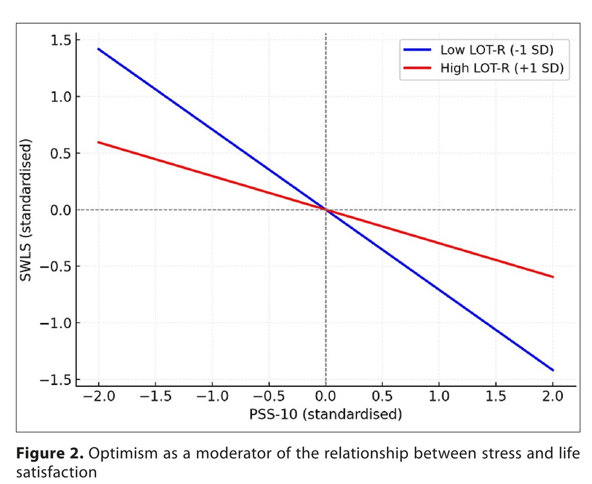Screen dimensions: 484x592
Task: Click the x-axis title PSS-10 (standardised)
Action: (x=325, y=414)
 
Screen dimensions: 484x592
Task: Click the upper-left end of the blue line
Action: (x=99, y=49)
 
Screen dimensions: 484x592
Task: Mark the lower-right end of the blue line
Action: (x=553, y=370)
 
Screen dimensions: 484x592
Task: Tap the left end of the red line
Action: (x=99, y=142)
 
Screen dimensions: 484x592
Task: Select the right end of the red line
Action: (x=553, y=277)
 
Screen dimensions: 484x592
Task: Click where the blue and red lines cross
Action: (x=326, y=210)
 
